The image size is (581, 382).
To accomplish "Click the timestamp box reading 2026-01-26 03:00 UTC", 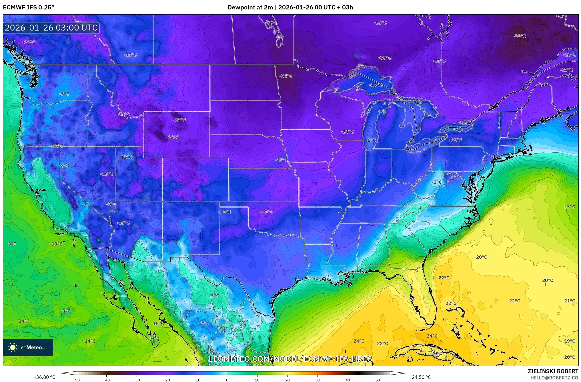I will click(x=51, y=28).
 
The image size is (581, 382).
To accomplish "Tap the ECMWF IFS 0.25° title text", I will click(x=28, y=7).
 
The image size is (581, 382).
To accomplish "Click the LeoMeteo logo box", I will click(x=28, y=347).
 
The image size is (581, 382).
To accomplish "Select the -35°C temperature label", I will click(x=519, y=36).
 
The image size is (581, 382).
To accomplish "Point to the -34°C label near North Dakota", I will click(x=286, y=76).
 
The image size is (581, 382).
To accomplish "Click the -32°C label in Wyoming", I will click(x=180, y=120).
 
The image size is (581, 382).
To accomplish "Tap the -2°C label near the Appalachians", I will click(x=436, y=182).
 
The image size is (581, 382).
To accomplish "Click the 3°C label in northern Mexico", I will click(x=215, y=296).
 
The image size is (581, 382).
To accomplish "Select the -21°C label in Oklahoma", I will click(x=267, y=212).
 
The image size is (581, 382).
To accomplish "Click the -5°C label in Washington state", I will click(x=64, y=94).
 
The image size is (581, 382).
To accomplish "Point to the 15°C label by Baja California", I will click(x=158, y=323).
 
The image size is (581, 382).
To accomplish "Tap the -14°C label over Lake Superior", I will click(x=375, y=85).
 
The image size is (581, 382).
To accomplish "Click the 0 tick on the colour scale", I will click(x=227, y=380).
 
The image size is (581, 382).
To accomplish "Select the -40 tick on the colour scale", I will click(x=106, y=380).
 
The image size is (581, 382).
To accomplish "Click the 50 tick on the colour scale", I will click(x=378, y=380).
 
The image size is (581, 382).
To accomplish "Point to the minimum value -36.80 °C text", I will click(x=45, y=377).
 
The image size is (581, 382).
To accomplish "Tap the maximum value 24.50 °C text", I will click(x=421, y=377).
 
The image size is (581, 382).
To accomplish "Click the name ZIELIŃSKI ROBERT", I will click(x=553, y=371).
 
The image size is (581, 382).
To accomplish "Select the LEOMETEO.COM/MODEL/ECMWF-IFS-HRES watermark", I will click(x=290, y=359).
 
